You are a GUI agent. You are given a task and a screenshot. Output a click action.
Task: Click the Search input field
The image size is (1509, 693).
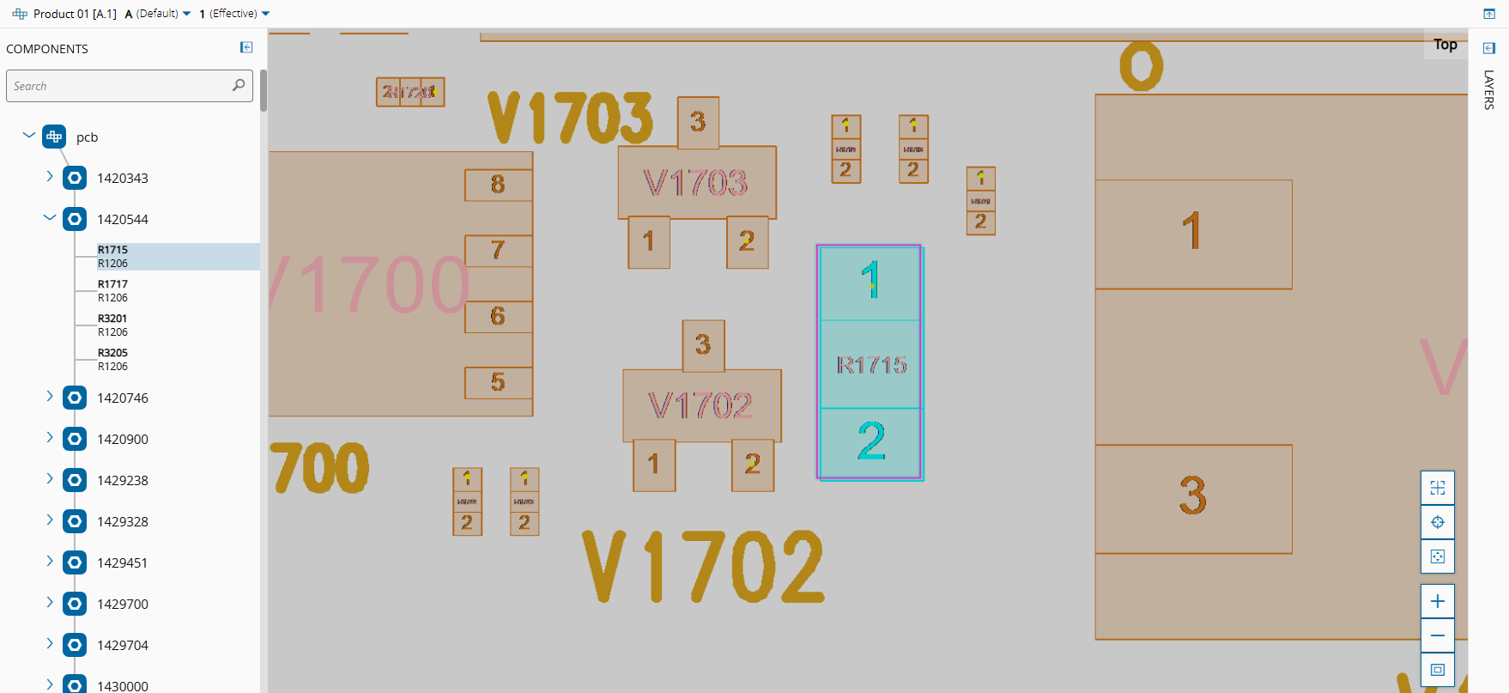[120, 86]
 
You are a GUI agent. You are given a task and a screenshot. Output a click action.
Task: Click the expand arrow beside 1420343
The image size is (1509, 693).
[50, 177]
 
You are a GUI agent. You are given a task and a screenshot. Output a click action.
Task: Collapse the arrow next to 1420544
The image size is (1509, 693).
[50, 218]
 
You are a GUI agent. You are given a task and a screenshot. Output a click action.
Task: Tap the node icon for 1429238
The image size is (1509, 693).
[75, 480]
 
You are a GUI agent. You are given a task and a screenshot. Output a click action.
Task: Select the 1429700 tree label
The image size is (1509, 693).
[123, 604]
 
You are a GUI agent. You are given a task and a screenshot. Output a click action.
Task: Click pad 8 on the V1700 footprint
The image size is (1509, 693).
[498, 185]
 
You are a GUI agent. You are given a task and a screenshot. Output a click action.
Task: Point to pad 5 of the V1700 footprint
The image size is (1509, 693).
[498, 382]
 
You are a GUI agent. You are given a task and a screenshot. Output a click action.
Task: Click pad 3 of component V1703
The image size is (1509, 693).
[698, 122]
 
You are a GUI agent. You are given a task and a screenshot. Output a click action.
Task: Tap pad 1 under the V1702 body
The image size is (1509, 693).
[653, 465]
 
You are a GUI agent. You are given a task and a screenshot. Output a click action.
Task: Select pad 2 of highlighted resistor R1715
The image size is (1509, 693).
[870, 441]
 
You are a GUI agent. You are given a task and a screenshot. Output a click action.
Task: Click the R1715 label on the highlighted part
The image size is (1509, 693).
[871, 365]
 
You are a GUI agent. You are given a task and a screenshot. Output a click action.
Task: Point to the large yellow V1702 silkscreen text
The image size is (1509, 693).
[703, 566]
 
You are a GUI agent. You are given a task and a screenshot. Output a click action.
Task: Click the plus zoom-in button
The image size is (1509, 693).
[1438, 601]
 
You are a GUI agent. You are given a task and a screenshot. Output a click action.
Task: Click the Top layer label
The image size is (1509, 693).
[1445, 45]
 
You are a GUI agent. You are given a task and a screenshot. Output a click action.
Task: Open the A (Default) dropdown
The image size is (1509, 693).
[159, 14]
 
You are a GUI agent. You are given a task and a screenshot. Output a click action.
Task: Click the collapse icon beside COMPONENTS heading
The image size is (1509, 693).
[246, 48]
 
